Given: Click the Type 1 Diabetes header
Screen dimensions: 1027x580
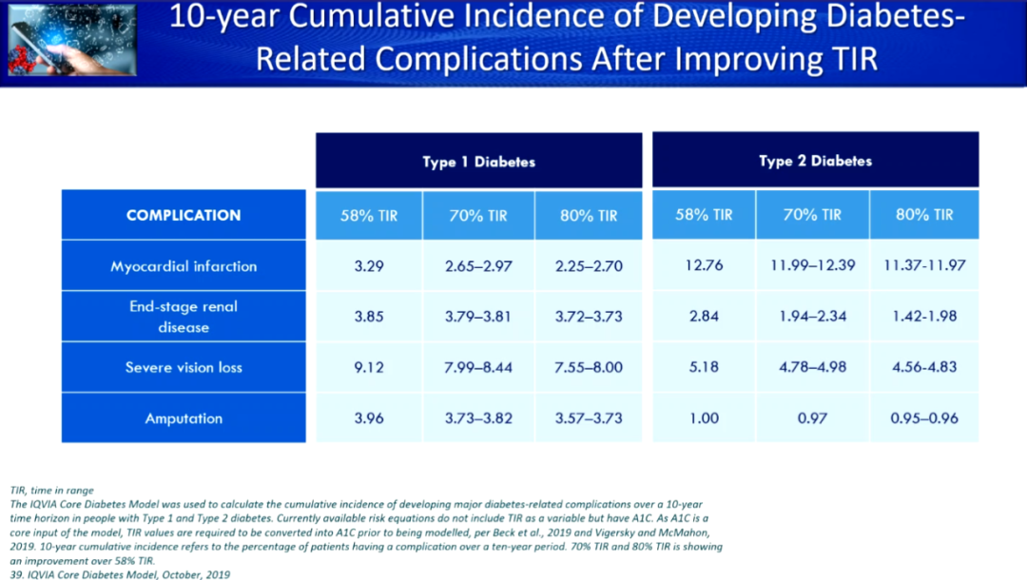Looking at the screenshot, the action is pyautogui.click(x=478, y=161).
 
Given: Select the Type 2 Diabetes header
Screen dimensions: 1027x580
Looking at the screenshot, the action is pyautogui.click(x=816, y=161).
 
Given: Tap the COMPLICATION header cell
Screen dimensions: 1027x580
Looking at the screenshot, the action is pyautogui.click(x=184, y=215).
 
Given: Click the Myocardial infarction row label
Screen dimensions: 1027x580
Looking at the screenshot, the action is pyautogui.click(x=184, y=266).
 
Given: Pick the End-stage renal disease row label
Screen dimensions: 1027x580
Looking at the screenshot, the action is pyautogui.click(x=184, y=317).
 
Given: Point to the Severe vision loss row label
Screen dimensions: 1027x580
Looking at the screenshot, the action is pyautogui.click(x=184, y=367).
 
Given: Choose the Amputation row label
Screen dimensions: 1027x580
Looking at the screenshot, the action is pyautogui.click(x=184, y=418).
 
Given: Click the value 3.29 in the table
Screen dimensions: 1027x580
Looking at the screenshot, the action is pyautogui.click(x=369, y=266).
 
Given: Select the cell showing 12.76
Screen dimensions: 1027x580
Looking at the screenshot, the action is pyautogui.click(x=704, y=265).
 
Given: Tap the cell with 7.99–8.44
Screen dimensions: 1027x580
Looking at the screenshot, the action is pyautogui.click(x=478, y=367).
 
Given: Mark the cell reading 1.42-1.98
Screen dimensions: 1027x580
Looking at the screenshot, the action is pyautogui.click(x=924, y=317).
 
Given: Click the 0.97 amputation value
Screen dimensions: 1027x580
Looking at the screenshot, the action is pyautogui.click(x=812, y=417).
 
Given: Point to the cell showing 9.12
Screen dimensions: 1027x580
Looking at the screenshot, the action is pyautogui.click(x=369, y=367).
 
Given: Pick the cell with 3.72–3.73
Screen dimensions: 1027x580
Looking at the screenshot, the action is pyautogui.click(x=589, y=317).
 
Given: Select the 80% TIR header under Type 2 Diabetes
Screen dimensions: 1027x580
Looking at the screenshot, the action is pyautogui.click(x=924, y=214).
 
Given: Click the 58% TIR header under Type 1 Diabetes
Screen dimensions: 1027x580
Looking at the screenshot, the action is pyautogui.click(x=369, y=216).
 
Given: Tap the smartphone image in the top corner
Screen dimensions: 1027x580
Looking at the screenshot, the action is pyautogui.click(x=72, y=39).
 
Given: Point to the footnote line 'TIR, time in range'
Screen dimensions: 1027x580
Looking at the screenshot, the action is pyautogui.click(x=51, y=491).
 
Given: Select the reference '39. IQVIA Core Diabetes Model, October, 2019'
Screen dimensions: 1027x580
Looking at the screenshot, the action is pyautogui.click(x=120, y=574).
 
